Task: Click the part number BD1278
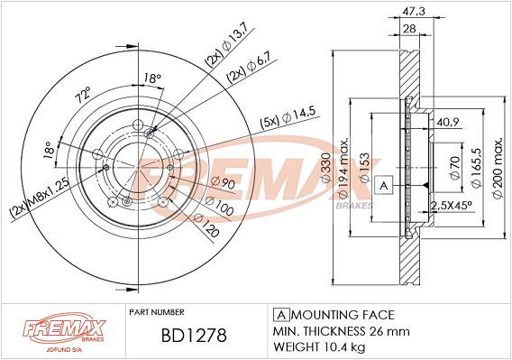[x=194, y=336]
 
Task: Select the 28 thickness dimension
[x=409, y=29]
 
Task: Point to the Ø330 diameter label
[x=326, y=168]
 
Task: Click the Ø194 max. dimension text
[x=343, y=168]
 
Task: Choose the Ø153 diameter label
[x=364, y=168]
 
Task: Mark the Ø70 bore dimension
[x=455, y=168]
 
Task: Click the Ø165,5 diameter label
[x=476, y=167]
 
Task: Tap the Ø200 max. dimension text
[x=498, y=168]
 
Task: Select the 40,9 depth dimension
[x=448, y=123]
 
